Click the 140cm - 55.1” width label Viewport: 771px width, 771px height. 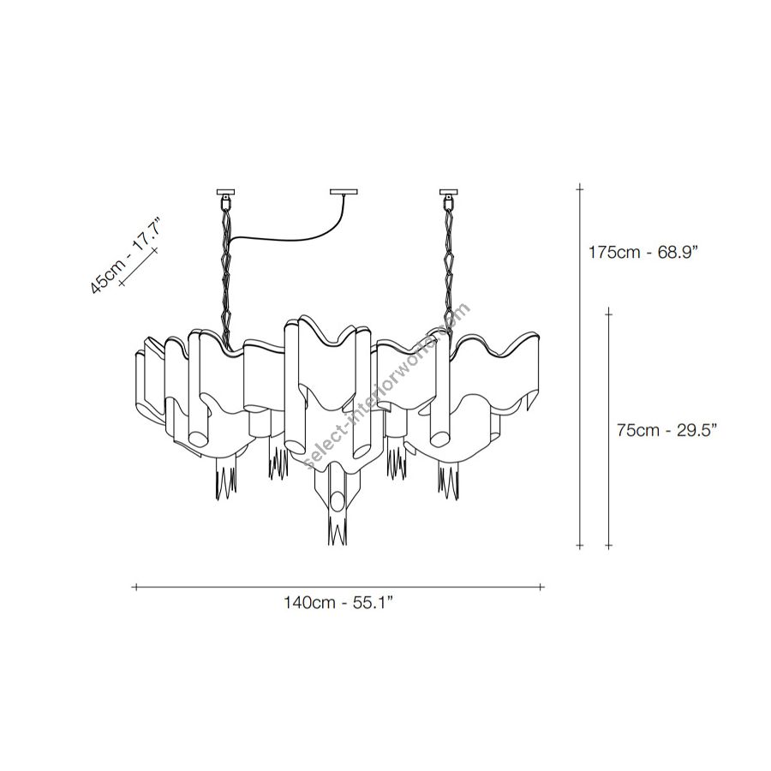coord(338,602)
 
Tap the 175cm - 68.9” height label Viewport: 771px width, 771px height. coord(643,252)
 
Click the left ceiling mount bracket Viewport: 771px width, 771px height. coord(225,196)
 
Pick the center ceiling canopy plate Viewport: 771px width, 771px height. coord(344,192)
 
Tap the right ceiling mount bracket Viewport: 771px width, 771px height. coord(448,196)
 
